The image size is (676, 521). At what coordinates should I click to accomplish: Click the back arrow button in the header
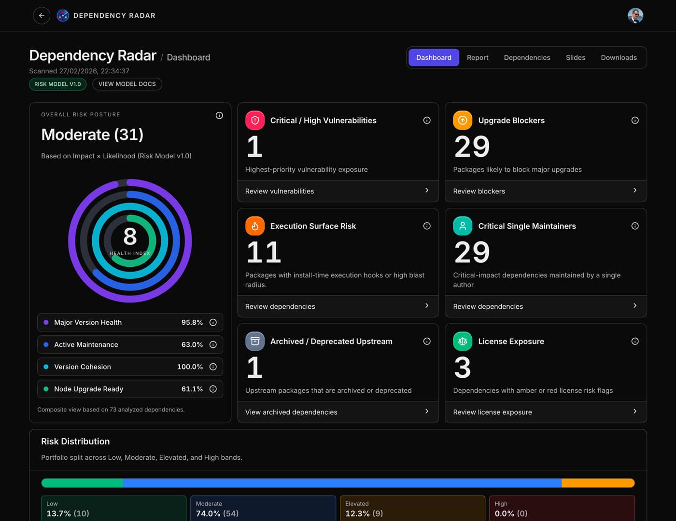tap(42, 15)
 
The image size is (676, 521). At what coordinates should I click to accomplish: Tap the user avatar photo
tap(635, 15)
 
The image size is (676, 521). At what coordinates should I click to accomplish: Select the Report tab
tap(477, 57)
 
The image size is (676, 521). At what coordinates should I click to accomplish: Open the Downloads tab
tap(618, 57)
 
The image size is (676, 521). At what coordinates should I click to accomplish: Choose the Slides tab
tap(575, 57)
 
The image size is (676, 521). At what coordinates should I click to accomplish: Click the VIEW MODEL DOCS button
tap(127, 84)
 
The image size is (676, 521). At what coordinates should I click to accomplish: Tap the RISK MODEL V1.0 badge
tap(57, 84)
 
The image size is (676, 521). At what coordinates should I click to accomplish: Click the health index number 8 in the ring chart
tap(130, 236)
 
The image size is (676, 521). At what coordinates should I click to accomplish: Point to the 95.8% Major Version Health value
tap(192, 322)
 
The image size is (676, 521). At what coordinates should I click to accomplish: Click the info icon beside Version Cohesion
tap(213, 367)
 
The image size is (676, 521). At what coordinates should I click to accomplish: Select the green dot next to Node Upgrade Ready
tap(46, 389)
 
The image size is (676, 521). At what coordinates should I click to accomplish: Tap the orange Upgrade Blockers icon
tap(462, 120)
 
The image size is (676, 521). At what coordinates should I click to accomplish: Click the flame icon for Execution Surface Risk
tap(254, 226)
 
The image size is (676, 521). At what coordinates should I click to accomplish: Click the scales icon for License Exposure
tap(462, 341)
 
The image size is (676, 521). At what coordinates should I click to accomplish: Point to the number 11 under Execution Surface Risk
tap(264, 252)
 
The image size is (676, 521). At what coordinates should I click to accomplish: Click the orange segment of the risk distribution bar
tap(597, 483)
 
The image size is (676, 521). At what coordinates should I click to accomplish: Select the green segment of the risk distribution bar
tap(82, 483)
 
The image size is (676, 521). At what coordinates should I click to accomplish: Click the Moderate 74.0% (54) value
tap(217, 513)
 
